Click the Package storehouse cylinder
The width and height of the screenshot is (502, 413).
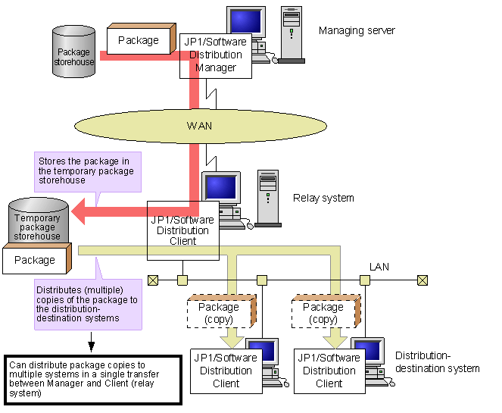click(x=73, y=52)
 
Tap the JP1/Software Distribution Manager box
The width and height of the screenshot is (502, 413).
click(x=215, y=55)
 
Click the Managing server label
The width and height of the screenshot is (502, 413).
click(x=357, y=30)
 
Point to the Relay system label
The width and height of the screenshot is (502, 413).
click(x=323, y=198)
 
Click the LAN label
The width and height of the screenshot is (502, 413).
click(x=379, y=267)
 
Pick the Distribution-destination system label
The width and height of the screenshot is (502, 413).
click(x=437, y=362)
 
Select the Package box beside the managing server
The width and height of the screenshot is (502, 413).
click(x=138, y=40)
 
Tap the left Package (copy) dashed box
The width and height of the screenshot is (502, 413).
click(x=219, y=312)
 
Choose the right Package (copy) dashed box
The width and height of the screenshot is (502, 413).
click(x=323, y=312)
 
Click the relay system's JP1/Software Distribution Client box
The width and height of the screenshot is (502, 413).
click(x=182, y=230)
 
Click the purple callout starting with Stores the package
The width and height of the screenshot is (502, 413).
click(x=86, y=171)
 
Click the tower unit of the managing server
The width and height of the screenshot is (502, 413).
click(x=291, y=34)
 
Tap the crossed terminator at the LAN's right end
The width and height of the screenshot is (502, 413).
click(x=422, y=280)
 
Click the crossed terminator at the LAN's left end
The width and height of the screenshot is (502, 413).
click(x=154, y=280)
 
